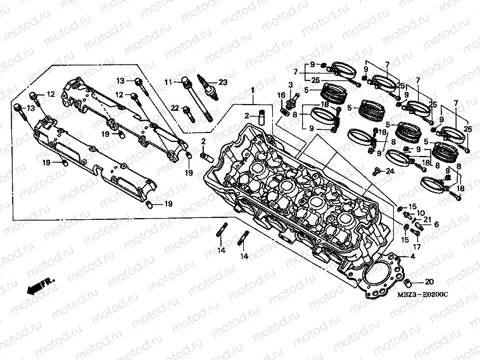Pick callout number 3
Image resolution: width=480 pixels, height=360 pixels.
291,85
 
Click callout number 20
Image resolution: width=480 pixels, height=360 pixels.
429,282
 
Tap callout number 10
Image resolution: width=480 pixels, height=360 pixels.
420,213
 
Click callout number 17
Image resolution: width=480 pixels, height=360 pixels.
417,246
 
